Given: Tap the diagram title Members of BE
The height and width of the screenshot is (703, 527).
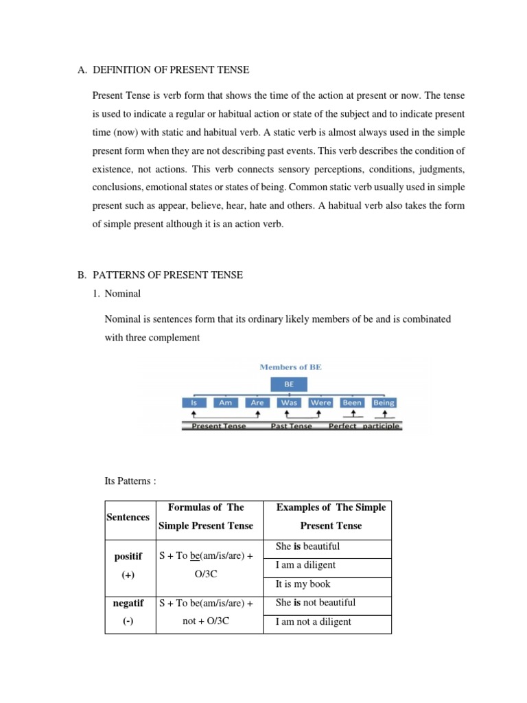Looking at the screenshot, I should (x=290, y=367).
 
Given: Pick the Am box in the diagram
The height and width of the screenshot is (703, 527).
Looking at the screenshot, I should (x=225, y=403).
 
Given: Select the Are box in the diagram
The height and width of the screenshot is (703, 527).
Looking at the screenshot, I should (x=257, y=403).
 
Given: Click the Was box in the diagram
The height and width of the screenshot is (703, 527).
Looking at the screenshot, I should (x=289, y=403).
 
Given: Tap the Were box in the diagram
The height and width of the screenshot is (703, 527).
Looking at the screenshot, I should (x=320, y=403).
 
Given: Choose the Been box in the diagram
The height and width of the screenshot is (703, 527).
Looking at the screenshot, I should (x=352, y=403).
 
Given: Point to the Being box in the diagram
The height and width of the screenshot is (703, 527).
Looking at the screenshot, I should (x=384, y=403).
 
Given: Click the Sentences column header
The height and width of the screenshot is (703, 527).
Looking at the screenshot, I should (x=128, y=517).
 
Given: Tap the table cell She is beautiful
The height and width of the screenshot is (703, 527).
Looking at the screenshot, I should (x=307, y=546).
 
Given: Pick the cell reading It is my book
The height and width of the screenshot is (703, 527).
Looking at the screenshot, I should (x=303, y=584).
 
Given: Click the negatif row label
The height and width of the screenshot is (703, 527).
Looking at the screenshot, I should (x=128, y=603).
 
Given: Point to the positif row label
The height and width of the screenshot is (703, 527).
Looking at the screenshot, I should (x=128, y=556).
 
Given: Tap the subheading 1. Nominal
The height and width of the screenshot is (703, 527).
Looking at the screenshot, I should (x=122, y=294).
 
